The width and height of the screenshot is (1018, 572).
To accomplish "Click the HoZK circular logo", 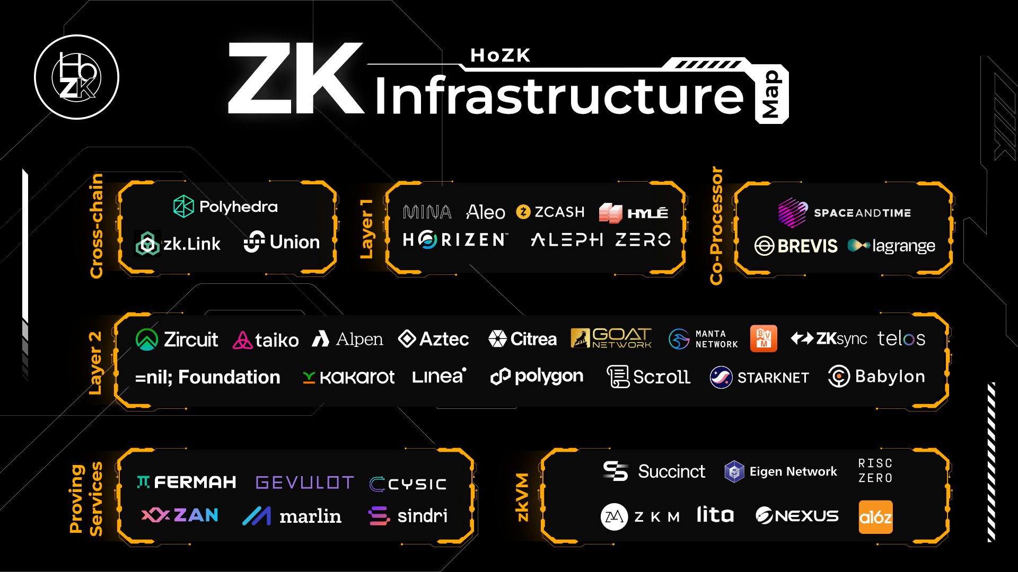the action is click(x=76, y=77).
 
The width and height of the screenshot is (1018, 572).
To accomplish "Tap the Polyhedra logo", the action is click(x=225, y=207).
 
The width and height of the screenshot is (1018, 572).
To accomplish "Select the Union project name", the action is click(x=294, y=242).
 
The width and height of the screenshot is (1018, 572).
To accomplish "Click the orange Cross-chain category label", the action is click(x=96, y=226).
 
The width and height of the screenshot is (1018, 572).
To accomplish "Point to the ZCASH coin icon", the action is click(x=523, y=212).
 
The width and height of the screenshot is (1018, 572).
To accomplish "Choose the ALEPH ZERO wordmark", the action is click(x=601, y=240).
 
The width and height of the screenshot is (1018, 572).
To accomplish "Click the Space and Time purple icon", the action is click(x=793, y=212).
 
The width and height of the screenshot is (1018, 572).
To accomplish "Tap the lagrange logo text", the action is click(x=903, y=246).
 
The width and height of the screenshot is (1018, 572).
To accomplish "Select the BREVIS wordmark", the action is click(x=808, y=246).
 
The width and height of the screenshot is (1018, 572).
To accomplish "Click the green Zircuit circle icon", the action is click(x=147, y=339).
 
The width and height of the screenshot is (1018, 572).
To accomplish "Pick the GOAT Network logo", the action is click(x=611, y=338).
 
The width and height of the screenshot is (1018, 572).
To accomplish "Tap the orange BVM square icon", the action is click(x=763, y=338).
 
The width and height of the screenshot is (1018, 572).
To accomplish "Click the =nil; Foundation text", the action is click(x=208, y=377).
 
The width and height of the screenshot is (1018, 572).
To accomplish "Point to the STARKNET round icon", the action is click(x=721, y=377).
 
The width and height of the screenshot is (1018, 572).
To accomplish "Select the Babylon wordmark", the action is click(x=890, y=377).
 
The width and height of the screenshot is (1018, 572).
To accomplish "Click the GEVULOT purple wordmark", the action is click(x=304, y=482).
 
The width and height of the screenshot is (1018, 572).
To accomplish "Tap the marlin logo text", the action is click(x=310, y=516).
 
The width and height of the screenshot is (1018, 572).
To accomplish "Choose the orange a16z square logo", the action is click(x=875, y=517).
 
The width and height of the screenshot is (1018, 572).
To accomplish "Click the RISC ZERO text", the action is click(x=875, y=470).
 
